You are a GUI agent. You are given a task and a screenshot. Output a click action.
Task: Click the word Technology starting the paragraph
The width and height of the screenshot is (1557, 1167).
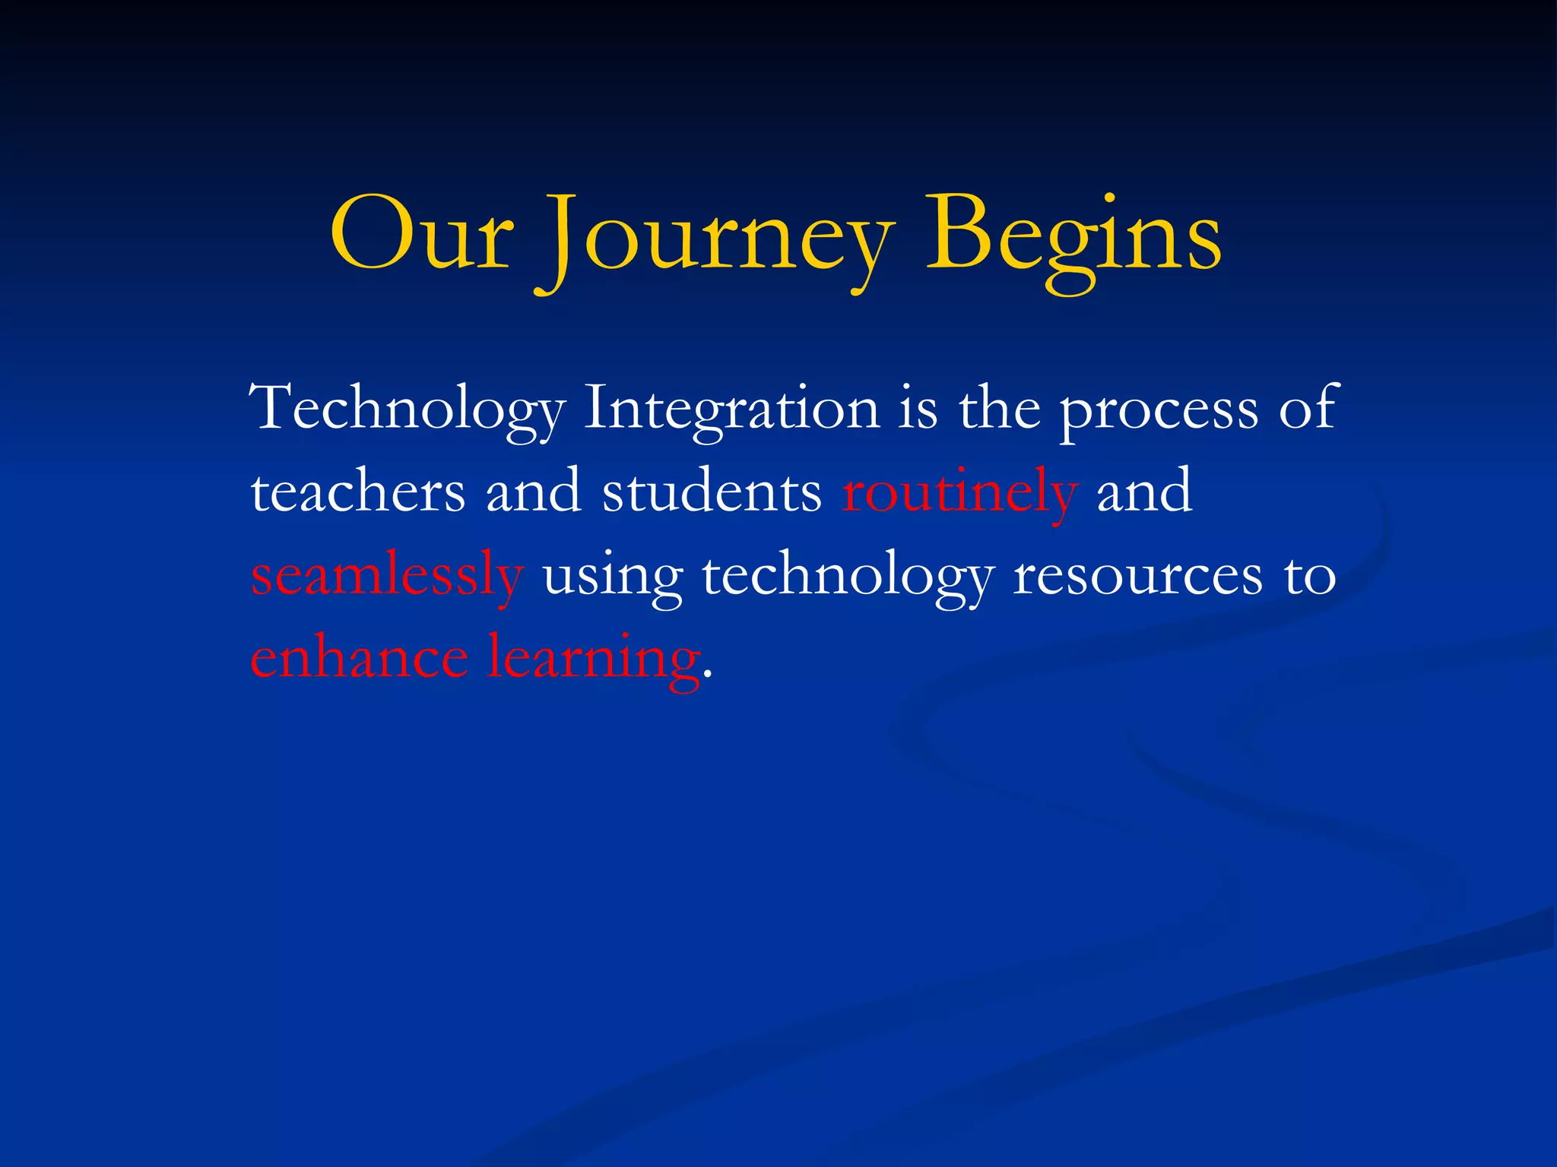[x=407, y=411]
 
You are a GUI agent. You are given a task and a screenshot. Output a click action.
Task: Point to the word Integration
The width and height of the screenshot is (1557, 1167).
[x=731, y=411]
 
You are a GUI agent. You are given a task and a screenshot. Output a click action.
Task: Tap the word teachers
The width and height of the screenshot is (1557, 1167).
[x=357, y=492]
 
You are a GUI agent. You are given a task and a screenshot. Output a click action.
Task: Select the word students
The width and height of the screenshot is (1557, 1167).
[x=712, y=492]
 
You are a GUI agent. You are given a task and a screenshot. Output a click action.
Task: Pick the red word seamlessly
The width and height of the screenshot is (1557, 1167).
[x=387, y=577]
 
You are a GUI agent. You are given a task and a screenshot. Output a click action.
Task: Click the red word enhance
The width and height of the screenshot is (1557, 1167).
[x=359, y=658]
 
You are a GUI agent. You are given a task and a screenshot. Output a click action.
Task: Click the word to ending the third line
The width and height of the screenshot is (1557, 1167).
[x=1310, y=576]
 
